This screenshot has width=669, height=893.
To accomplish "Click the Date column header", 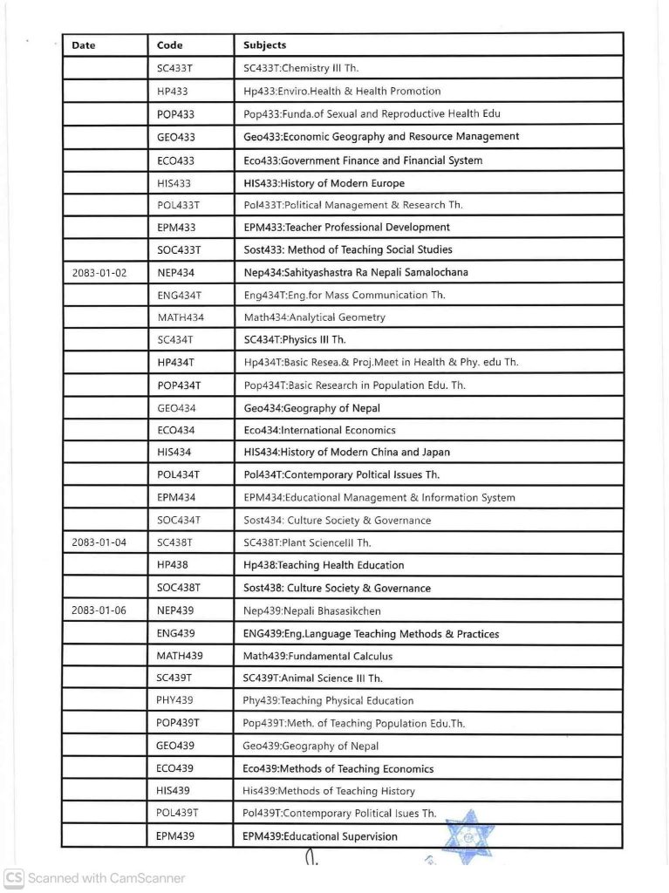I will (x=84, y=45).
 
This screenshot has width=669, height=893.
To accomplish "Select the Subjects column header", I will (x=265, y=45).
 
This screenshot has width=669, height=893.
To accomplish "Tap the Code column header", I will (x=170, y=45).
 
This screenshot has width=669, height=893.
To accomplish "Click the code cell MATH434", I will (x=181, y=317).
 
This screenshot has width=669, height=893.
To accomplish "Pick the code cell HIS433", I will (x=174, y=183).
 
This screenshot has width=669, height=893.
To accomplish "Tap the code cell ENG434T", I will (x=180, y=296).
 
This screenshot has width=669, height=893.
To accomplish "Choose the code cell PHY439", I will (x=175, y=700).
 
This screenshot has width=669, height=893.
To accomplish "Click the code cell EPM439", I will (x=175, y=836).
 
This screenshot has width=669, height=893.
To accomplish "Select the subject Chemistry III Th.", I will (x=301, y=68).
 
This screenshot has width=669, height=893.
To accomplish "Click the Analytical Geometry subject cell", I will (x=315, y=317).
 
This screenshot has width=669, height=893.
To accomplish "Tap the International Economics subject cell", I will (x=320, y=430).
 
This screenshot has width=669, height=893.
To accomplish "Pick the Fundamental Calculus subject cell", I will (x=318, y=656).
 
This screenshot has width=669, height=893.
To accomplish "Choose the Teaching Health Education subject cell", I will (x=324, y=565).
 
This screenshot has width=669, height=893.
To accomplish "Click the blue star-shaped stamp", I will (x=469, y=836).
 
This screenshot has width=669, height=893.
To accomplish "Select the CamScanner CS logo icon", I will (x=13, y=878).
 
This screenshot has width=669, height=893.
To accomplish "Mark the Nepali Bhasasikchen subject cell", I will (x=312, y=610).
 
